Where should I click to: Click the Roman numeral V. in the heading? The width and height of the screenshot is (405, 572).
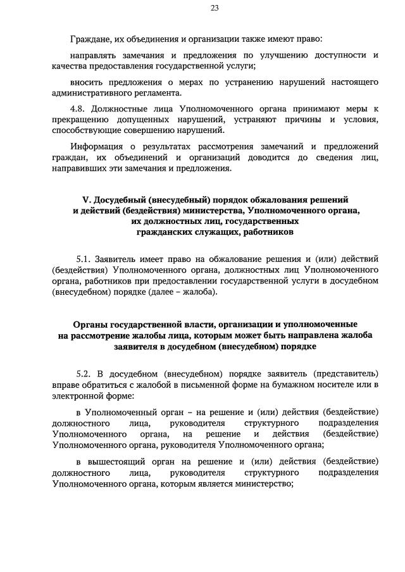point(87,200)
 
